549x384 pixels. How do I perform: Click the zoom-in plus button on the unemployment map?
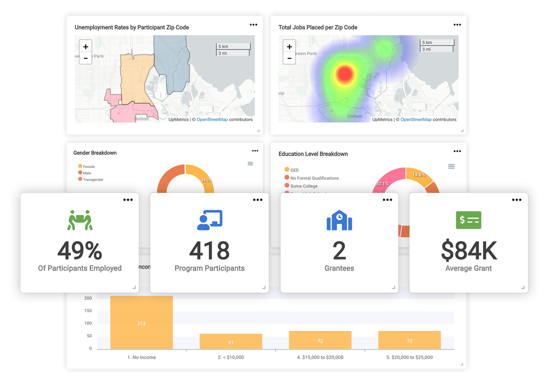click(86, 46)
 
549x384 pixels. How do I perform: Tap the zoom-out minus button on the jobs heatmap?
click(289, 58)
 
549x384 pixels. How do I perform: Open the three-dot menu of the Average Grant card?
click(517, 200)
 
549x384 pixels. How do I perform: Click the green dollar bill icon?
click(469, 220)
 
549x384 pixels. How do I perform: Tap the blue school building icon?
click(339, 220)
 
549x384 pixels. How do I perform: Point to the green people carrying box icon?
click(80, 220)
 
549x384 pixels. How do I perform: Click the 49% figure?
click(80, 251)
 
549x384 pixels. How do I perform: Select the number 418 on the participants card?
click(210, 251)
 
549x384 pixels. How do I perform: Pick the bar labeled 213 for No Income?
click(141, 323)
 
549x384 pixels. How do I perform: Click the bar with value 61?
click(231, 342)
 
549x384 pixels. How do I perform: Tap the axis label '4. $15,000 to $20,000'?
click(320, 358)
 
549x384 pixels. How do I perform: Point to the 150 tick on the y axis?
click(88, 311)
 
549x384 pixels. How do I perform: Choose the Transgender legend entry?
click(93, 180)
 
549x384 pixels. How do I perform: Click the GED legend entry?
click(294, 170)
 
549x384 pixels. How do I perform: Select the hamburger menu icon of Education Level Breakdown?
click(451, 166)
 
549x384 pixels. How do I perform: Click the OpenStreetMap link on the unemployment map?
click(212, 120)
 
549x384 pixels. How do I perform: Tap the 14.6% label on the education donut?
click(418, 175)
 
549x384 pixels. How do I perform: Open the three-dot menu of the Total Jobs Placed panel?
click(457, 24)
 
